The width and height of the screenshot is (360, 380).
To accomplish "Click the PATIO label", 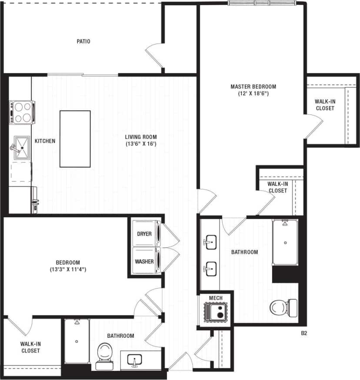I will pos(83,42).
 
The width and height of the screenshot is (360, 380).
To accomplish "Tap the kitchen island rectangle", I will pos(75,139).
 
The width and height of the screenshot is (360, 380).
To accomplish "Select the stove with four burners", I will pos(22,112).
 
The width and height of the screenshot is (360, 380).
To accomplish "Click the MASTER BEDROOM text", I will pos(253,87).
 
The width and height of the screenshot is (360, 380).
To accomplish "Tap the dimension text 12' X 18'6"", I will pos(253,94).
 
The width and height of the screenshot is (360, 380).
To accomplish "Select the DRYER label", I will pos(144,234).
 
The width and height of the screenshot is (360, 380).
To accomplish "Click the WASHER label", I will pos(144,262).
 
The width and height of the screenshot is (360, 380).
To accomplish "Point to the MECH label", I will pos(216,298).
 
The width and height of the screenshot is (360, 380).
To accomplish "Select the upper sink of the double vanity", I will pos(211,241).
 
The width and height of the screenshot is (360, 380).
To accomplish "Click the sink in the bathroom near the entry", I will pos(135,361).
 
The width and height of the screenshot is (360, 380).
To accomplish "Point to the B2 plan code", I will pos(304,333).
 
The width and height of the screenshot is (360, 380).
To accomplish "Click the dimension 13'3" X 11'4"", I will pos(68,269).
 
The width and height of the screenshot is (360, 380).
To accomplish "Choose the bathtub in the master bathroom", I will pos(285,242).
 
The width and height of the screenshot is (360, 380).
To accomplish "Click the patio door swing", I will pos(154,55).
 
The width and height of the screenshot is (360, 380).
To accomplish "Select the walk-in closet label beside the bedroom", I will pos(30,347).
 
